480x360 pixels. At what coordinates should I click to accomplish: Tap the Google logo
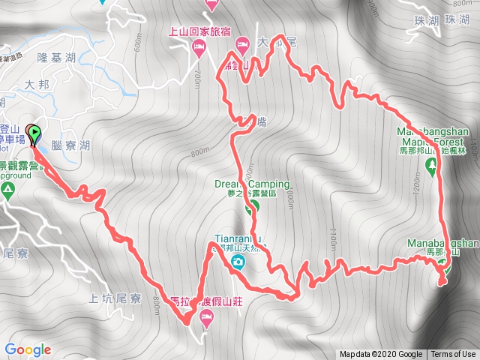(27, 349)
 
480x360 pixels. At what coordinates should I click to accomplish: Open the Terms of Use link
(453, 355)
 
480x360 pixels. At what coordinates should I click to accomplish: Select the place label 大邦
(36, 85)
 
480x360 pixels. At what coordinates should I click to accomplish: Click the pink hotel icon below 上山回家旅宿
(199, 49)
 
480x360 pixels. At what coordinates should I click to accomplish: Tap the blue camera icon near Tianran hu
(238, 262)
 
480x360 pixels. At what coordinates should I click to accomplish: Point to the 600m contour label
(138, 46)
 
